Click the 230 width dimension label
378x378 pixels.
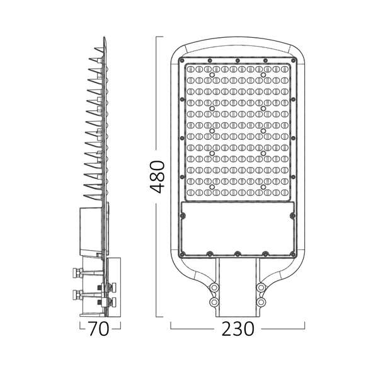coord(238,329)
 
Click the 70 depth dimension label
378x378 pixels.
coord(99,329)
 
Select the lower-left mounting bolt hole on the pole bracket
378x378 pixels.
coord(214,303)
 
